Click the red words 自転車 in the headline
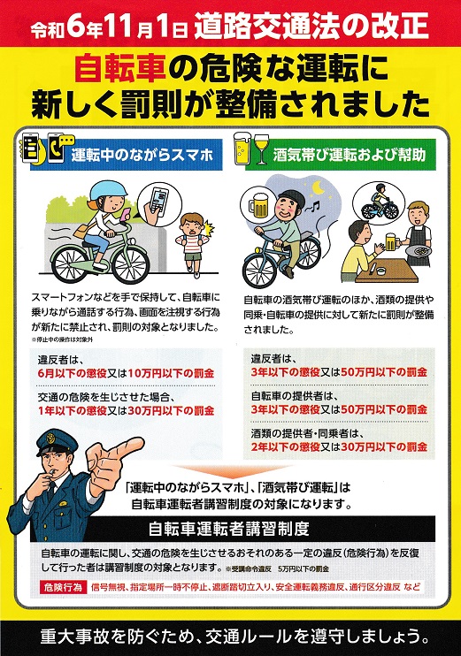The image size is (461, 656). (120, 70)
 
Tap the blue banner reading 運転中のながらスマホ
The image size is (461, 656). (126, 155)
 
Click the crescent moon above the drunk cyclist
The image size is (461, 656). (319, 187)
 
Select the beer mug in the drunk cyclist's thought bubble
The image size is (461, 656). (258, 205)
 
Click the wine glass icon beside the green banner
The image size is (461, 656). (261, 149)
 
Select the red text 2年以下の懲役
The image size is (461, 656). (286, 446)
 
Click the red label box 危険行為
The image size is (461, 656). (63, 587)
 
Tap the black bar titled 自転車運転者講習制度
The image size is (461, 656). (233, 530)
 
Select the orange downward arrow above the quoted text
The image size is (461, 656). (234, 470)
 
